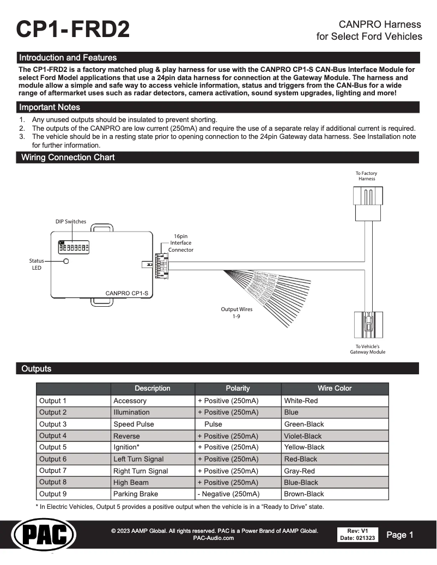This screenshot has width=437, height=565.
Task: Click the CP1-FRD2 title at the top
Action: pos(73,29)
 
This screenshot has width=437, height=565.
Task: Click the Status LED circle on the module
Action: pos(66,262)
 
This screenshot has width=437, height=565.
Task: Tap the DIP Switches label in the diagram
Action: pos(70,222)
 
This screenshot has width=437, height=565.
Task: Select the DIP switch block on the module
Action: pos(74,246)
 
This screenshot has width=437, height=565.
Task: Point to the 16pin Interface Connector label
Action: pos(180,243)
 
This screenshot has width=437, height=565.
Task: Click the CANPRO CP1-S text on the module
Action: pos(126,293)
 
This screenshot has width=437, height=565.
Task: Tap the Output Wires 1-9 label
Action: pos(236,313)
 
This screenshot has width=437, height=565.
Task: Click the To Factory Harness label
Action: pos(367,176)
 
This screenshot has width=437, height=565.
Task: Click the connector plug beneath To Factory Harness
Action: pos(368,203)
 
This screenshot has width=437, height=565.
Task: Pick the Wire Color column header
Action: pos(335,388)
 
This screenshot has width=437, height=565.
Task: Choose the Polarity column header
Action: pos(238,388)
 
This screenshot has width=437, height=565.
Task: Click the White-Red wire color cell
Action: pos(301,400)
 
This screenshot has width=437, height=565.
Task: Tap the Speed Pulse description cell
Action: pos(133,424)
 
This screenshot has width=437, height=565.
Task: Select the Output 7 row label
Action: pos(53,471)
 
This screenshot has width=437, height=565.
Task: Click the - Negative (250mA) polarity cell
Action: pos(228,494)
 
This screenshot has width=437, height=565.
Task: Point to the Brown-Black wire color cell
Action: pos(304,494)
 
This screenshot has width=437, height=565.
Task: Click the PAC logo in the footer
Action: pos(44,535)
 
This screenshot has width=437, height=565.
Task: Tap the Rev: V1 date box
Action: pos(358,534)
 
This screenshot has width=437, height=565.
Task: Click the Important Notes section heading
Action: pos(50,107)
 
